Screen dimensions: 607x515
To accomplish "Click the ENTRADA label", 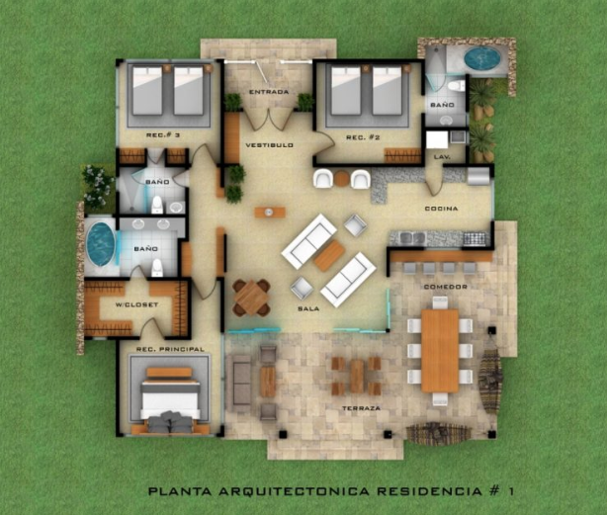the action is click(269, 92).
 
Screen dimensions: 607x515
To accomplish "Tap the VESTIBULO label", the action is click(270, 145).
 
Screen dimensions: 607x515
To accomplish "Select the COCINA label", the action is click(441, 209).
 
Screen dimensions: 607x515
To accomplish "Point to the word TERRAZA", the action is click(361, 408).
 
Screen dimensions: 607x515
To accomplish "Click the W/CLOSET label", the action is click(137, 304).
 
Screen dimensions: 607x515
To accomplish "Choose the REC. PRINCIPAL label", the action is click(170, 349).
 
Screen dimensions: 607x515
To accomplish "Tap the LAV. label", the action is click(442, 157).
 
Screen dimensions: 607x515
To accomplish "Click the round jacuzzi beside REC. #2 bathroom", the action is click(482, 58).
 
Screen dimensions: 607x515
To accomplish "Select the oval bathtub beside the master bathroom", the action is click(100, 244).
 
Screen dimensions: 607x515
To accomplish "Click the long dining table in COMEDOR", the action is click(440, 351).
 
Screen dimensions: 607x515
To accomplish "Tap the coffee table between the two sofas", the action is click(329, 256).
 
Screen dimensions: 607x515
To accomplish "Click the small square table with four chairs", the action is click(251, 298).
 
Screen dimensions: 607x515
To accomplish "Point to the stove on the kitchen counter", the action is click(474, 239).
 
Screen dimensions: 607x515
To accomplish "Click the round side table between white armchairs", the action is click(342, 179).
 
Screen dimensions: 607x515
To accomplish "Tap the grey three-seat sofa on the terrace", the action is click(241, 384).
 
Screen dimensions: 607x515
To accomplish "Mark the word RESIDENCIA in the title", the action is click(429, 491).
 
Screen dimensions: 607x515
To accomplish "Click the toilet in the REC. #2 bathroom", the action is click(456, 86).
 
